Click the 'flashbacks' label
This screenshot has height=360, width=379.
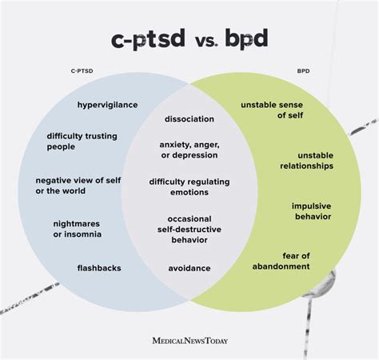(99, 268)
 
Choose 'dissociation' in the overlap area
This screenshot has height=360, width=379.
(189, 118)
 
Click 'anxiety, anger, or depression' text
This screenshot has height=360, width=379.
(189, 149)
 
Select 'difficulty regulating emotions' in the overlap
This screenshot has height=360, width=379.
(189, 186)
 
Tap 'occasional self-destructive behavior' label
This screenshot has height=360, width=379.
(189, 229)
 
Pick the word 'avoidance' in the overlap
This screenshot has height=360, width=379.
(189, 268)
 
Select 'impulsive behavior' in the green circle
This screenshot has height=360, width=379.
(312, 210)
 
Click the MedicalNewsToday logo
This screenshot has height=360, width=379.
(189, 339)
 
